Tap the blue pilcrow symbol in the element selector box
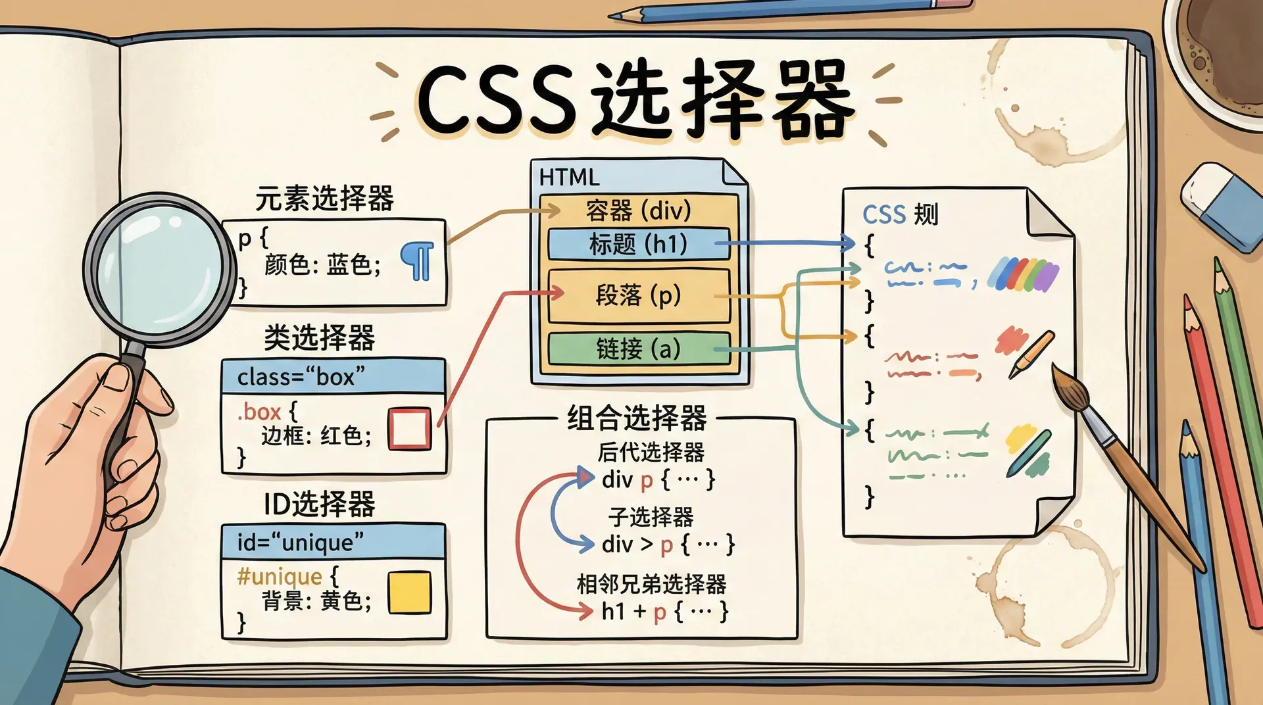point(418,260)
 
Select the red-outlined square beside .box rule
point(409,429)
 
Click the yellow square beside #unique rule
point(409,593)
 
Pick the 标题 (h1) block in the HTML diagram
point(638,244)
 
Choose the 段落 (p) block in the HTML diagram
point(638,295)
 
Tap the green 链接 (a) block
point(638,349)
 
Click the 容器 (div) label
point(638,210)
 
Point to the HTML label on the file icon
point(569,178)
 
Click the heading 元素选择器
point(324,198)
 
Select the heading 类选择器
point(319,338)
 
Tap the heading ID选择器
point(319,504)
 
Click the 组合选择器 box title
point(637,418)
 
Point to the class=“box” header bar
point(334,377)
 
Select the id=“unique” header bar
point(334,542)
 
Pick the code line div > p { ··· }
point(667,545)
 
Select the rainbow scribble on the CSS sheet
point(1024,274)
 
